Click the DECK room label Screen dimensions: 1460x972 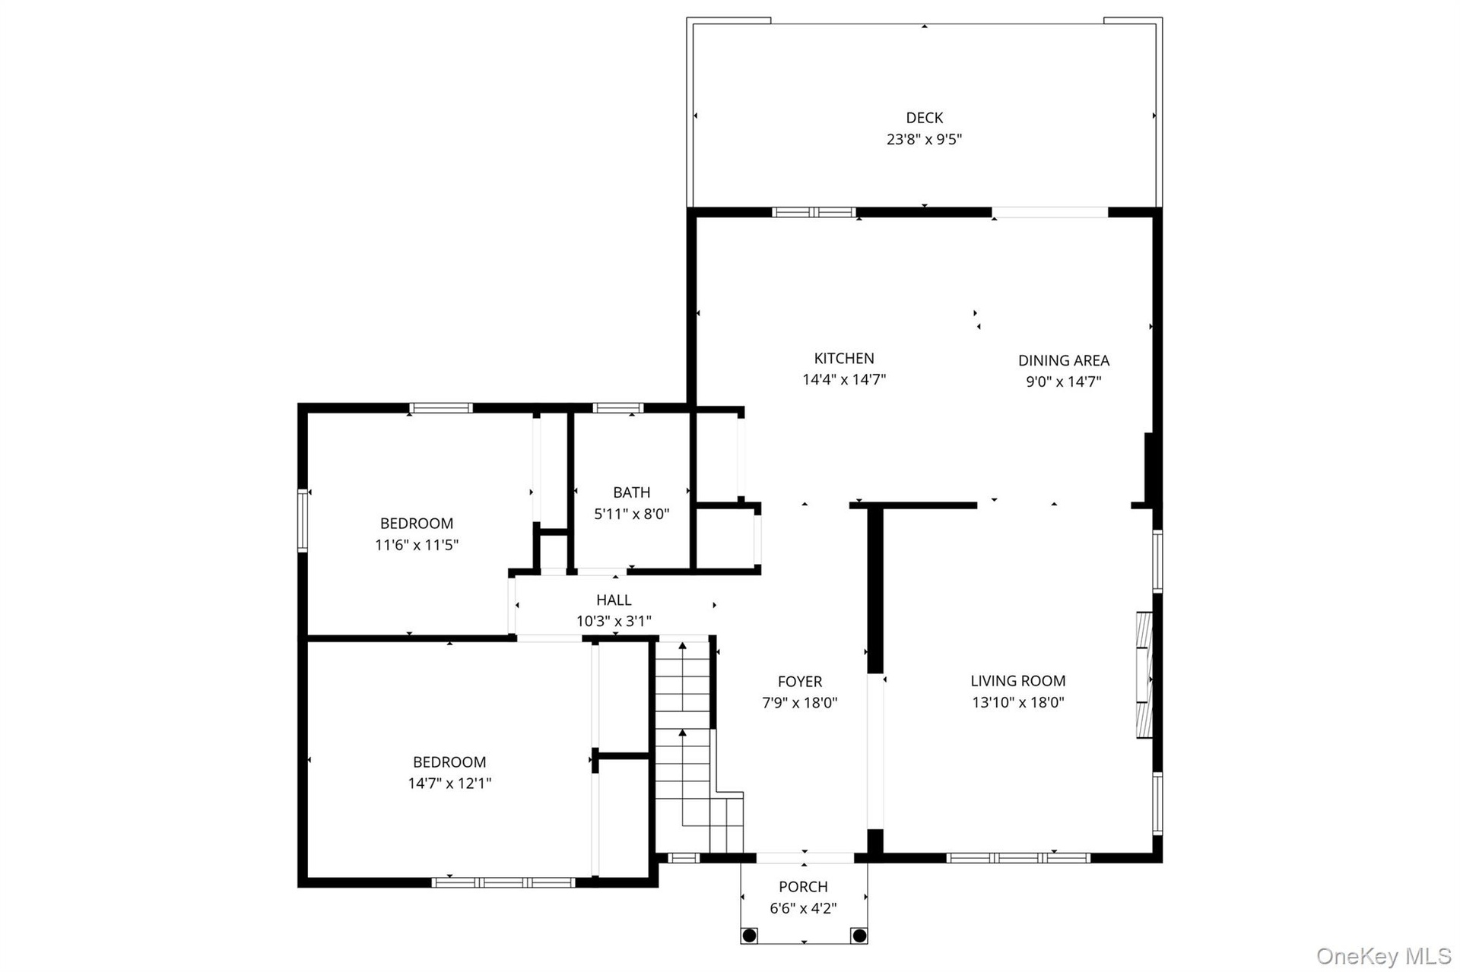(924, 118)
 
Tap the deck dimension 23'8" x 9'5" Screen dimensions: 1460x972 (924, 139)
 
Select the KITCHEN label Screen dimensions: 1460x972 (844, 358)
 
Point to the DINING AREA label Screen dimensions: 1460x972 (1064, 360)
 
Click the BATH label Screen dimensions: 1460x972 (632, 492)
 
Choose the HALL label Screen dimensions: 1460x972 (614, 600)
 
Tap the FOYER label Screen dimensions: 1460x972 (800, 682)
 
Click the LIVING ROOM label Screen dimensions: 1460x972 (1018, 681)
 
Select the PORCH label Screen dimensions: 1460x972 (803, 886)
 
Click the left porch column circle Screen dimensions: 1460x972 (749, 935)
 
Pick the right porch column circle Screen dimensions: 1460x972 (859, 935)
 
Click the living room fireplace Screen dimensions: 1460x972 (1144, 674)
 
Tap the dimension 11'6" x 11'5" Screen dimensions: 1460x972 (417, 545)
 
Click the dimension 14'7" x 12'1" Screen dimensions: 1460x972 (449, 784)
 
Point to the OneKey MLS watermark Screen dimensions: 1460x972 (1383, 956)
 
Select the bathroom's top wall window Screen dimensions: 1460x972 (617, 408)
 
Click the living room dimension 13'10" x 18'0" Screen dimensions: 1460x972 (1018, 702)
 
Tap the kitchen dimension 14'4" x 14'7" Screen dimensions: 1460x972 (844, 379)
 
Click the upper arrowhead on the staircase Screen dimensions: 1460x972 (683, 646)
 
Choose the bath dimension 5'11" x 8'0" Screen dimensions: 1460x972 (632, 514)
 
